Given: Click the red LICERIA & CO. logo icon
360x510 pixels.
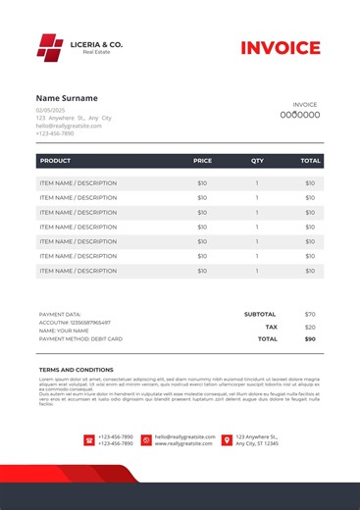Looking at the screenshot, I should pyautogui.click(x=49, y=46).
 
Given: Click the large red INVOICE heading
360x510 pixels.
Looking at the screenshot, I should pyautogui.click(x=281, y=48).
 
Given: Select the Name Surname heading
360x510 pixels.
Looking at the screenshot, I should pyautogui.click(x=67, y=98).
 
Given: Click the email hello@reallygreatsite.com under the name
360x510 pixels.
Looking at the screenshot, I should pyautogui.click(x=69, y=126).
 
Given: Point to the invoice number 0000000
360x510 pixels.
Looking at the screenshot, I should pyautogui.click(x=305, y=115).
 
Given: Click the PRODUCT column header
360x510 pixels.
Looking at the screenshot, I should pyautogui.click(x=55, y=160).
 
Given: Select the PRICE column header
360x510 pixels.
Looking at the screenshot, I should pyautogui.click(x=202, y=160).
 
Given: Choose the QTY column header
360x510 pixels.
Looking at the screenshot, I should pyautogui.click(x=257, y=160).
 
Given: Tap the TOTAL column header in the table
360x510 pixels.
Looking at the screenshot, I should pyautogui.click(x=310, y=160).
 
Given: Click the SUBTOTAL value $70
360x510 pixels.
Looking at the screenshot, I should pyautogui.click(x=310, y=314).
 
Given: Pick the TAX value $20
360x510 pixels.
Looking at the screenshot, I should pyautogui.click(x=310, y=327).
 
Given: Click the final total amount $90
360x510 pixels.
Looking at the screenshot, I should pyautogui.click(x=310, y=338).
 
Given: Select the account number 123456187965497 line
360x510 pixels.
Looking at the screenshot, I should pyautogui.click(x=75, y=323).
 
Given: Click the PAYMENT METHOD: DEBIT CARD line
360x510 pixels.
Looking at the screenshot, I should pyautogui.click(x=80, y=338).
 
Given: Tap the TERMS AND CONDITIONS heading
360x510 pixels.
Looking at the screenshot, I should pyautogui.click(x=76, y=370).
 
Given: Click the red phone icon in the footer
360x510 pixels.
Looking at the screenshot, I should pyautogui.click(x=89, y=440).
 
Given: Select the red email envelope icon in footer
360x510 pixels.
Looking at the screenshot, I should pyautogui.click(x=146, y=440).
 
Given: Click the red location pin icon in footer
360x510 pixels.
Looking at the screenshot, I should pyautogui.click(x=227, y=440).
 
